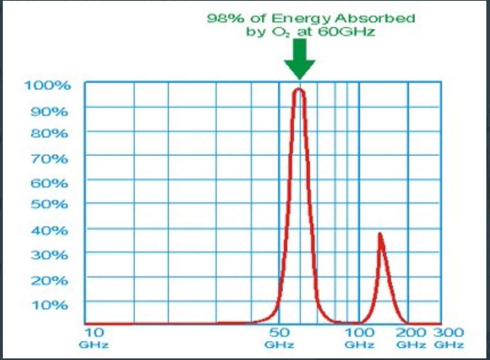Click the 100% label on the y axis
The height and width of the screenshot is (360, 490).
point(47,85)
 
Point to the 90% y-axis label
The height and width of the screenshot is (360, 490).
point(49,112)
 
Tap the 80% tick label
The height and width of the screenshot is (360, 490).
point(49,134)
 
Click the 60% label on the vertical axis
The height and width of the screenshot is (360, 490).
point(49,183)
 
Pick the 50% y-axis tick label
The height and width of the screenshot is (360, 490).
point(49,205)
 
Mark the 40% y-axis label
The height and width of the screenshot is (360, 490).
point(49,231)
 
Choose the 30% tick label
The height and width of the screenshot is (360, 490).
point(49,255)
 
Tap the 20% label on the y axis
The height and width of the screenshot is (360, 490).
point(49,281)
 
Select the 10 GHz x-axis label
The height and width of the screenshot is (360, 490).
point(94,338)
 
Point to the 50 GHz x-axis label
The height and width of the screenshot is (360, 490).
point(279,338)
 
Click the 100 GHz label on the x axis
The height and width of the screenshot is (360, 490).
point(359,338)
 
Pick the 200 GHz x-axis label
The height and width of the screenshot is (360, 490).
point(411,338)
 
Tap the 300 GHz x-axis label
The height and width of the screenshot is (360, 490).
point(449,338)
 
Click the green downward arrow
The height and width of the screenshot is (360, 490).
point(300,59)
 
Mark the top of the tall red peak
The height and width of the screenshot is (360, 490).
point(299,88)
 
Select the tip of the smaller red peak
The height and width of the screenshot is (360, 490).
point(380,233)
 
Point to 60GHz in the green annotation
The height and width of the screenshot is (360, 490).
point(346,32)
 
